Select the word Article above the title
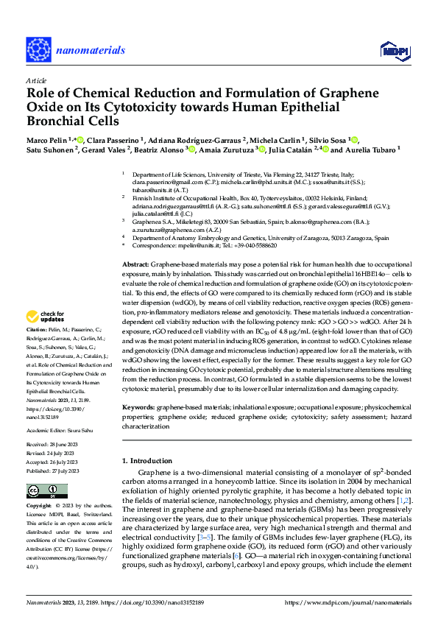pyautogui.click(x=36, y=80)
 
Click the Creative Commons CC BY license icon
pyautogui.click(x=42, y=491)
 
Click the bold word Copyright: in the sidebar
pyautogui.click(x=39, y=506)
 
